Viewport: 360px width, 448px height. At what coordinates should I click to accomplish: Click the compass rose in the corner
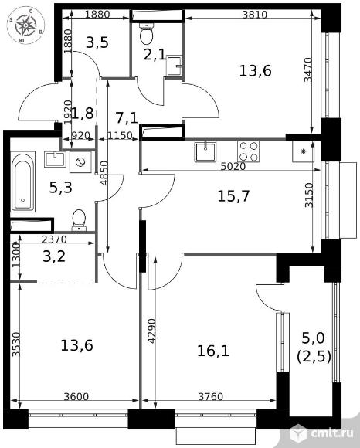click(x=25, y=25)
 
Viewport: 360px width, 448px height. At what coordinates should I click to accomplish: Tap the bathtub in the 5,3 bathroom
click(x=22, y=182)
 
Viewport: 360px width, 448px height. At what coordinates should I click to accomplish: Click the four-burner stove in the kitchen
click(x=248, y=151)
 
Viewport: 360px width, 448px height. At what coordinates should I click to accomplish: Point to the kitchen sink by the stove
click(x=205, y=151)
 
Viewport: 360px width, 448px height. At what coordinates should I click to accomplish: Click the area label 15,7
click(x=233, y=196)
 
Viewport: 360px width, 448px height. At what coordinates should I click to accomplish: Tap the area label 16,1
click(x=213, y=351)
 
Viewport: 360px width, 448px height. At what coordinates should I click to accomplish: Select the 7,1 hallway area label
click(x=127, y=117)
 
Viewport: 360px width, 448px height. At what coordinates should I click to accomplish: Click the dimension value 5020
click(x=233, y=166)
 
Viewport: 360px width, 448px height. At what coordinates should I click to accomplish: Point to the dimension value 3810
click(x=254, y=15)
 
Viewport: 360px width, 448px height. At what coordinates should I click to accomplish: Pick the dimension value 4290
click(x=151, y=331)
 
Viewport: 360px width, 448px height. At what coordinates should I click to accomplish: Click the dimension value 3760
click(x=211, y=396)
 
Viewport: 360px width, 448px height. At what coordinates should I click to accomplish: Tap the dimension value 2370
click(x=54, y=239)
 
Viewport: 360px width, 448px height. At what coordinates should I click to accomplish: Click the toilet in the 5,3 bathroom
click(x=79, y=220)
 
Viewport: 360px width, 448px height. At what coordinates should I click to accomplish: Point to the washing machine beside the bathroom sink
click(x=81, y=162)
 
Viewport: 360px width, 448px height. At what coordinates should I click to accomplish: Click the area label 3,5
click(x=97, y=42)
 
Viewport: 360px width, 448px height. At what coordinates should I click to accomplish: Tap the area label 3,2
click(x=54, y=256)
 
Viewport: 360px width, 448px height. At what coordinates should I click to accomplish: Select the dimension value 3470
click(x=308, y=70)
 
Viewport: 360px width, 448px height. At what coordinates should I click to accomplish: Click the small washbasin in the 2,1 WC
click(x=174, y=66)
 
